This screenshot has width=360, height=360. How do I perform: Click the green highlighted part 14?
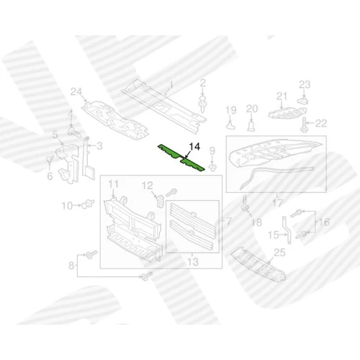click(x=181, y=158)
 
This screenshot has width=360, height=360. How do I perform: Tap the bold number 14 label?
click(x=194, y=147)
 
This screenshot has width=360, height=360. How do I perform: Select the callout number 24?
click(x=76, y=92)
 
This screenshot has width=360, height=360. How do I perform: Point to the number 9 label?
click(x=212, y=151)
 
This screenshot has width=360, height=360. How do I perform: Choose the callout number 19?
click(x=231, y=110)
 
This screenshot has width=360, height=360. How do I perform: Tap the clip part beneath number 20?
click(x=251, y=126)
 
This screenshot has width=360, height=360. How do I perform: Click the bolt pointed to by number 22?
click(x=304, y=125)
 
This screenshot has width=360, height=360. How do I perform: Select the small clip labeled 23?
click(x=303, y=100)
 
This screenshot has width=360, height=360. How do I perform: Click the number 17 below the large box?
click(x=277, y=204)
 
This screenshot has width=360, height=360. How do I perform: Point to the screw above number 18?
click(x=245, y=204)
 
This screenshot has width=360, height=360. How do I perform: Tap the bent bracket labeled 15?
click(x=287, y=230)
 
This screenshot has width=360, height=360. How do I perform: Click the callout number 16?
click(x=324, y=222)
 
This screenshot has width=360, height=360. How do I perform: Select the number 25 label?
click(x=279, y=253)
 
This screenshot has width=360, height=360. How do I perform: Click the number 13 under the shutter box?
click(x=193, y=262)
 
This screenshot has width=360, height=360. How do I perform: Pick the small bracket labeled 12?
click(x=159, y=200)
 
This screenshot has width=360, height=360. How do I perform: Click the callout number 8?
click(x=71, y=266)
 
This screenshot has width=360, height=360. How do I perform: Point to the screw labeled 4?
click(x=73, y=132)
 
